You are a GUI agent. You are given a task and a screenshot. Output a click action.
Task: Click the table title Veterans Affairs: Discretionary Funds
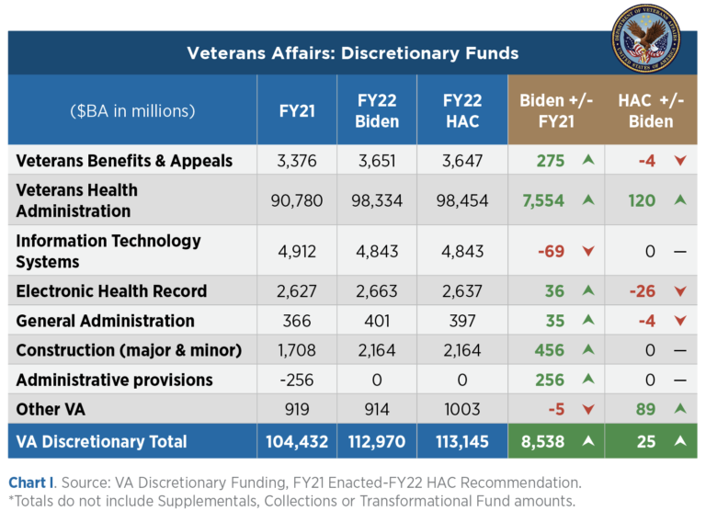pos(353,53)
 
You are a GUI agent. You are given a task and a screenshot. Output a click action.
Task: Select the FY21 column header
pos(297,110)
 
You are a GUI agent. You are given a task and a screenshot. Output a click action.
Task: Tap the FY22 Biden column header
pos(377,110)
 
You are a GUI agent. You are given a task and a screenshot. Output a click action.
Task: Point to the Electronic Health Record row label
pos(111,291)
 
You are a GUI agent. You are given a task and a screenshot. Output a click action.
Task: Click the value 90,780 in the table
pos(297,200)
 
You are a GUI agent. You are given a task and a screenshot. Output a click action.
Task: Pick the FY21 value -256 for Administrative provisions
pos(297,380)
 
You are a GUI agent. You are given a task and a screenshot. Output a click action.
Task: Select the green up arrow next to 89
pos(680,410)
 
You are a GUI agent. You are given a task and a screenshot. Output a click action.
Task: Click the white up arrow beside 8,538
pos(587,442)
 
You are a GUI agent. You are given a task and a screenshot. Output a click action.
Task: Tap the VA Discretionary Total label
pos(101,442)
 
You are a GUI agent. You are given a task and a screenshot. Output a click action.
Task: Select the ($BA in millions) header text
pos(132,110)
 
